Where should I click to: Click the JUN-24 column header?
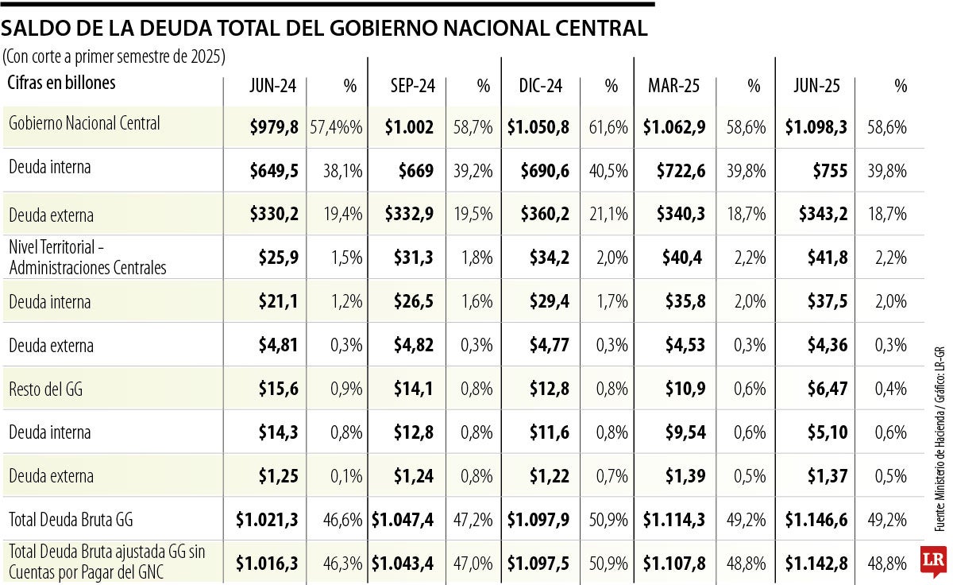[x=273, y=87]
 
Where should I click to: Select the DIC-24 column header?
[x=540, y=87]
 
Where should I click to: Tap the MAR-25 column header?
[x=674, y=87]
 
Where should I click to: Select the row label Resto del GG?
[x=45, y=389]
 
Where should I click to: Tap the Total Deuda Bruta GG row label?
[x=71, y=520]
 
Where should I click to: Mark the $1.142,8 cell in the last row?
[x=816, y=563]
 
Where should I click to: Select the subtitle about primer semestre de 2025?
[x=114, y=57]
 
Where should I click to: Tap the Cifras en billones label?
[x=62, y=83]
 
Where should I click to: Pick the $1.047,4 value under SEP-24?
[x=403, y=520]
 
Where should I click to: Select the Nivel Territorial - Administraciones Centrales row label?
[x=87, y=258]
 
